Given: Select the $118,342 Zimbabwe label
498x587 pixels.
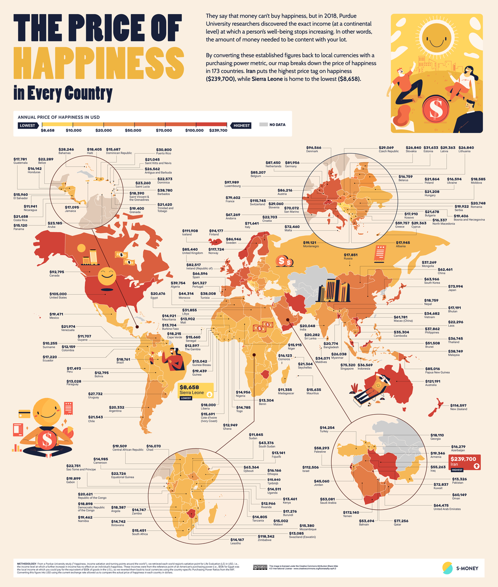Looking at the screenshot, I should coord(269,538).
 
